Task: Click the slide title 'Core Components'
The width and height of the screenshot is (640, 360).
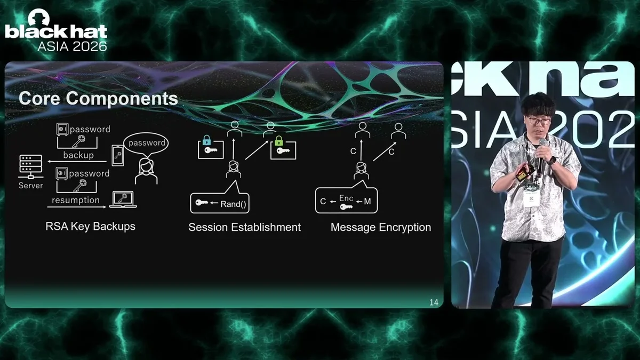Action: point(98,99)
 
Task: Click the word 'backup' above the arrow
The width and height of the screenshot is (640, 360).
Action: point(78,155)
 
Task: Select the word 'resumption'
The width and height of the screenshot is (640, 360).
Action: point(76,200)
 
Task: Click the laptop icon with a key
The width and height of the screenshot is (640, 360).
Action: point(123,199)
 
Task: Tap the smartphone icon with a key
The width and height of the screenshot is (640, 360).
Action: point(118,155)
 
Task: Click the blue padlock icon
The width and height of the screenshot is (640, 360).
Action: point(206,140)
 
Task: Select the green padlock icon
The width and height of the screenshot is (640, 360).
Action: point(278,141)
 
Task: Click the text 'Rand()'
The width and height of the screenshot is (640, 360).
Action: point(233,204)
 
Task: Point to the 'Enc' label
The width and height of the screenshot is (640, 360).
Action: point(346,198)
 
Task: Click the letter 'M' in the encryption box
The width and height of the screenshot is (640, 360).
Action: point(367,202)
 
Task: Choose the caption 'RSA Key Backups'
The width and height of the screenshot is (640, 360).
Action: point(90,226)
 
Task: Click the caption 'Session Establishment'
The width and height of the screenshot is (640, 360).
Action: point(245,227)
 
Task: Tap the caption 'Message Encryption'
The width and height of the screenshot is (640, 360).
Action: point(381,227)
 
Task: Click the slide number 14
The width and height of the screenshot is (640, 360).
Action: point(434,302)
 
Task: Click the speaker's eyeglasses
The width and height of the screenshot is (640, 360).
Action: point(539,121)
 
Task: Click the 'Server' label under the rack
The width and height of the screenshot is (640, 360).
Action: point(30,186)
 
